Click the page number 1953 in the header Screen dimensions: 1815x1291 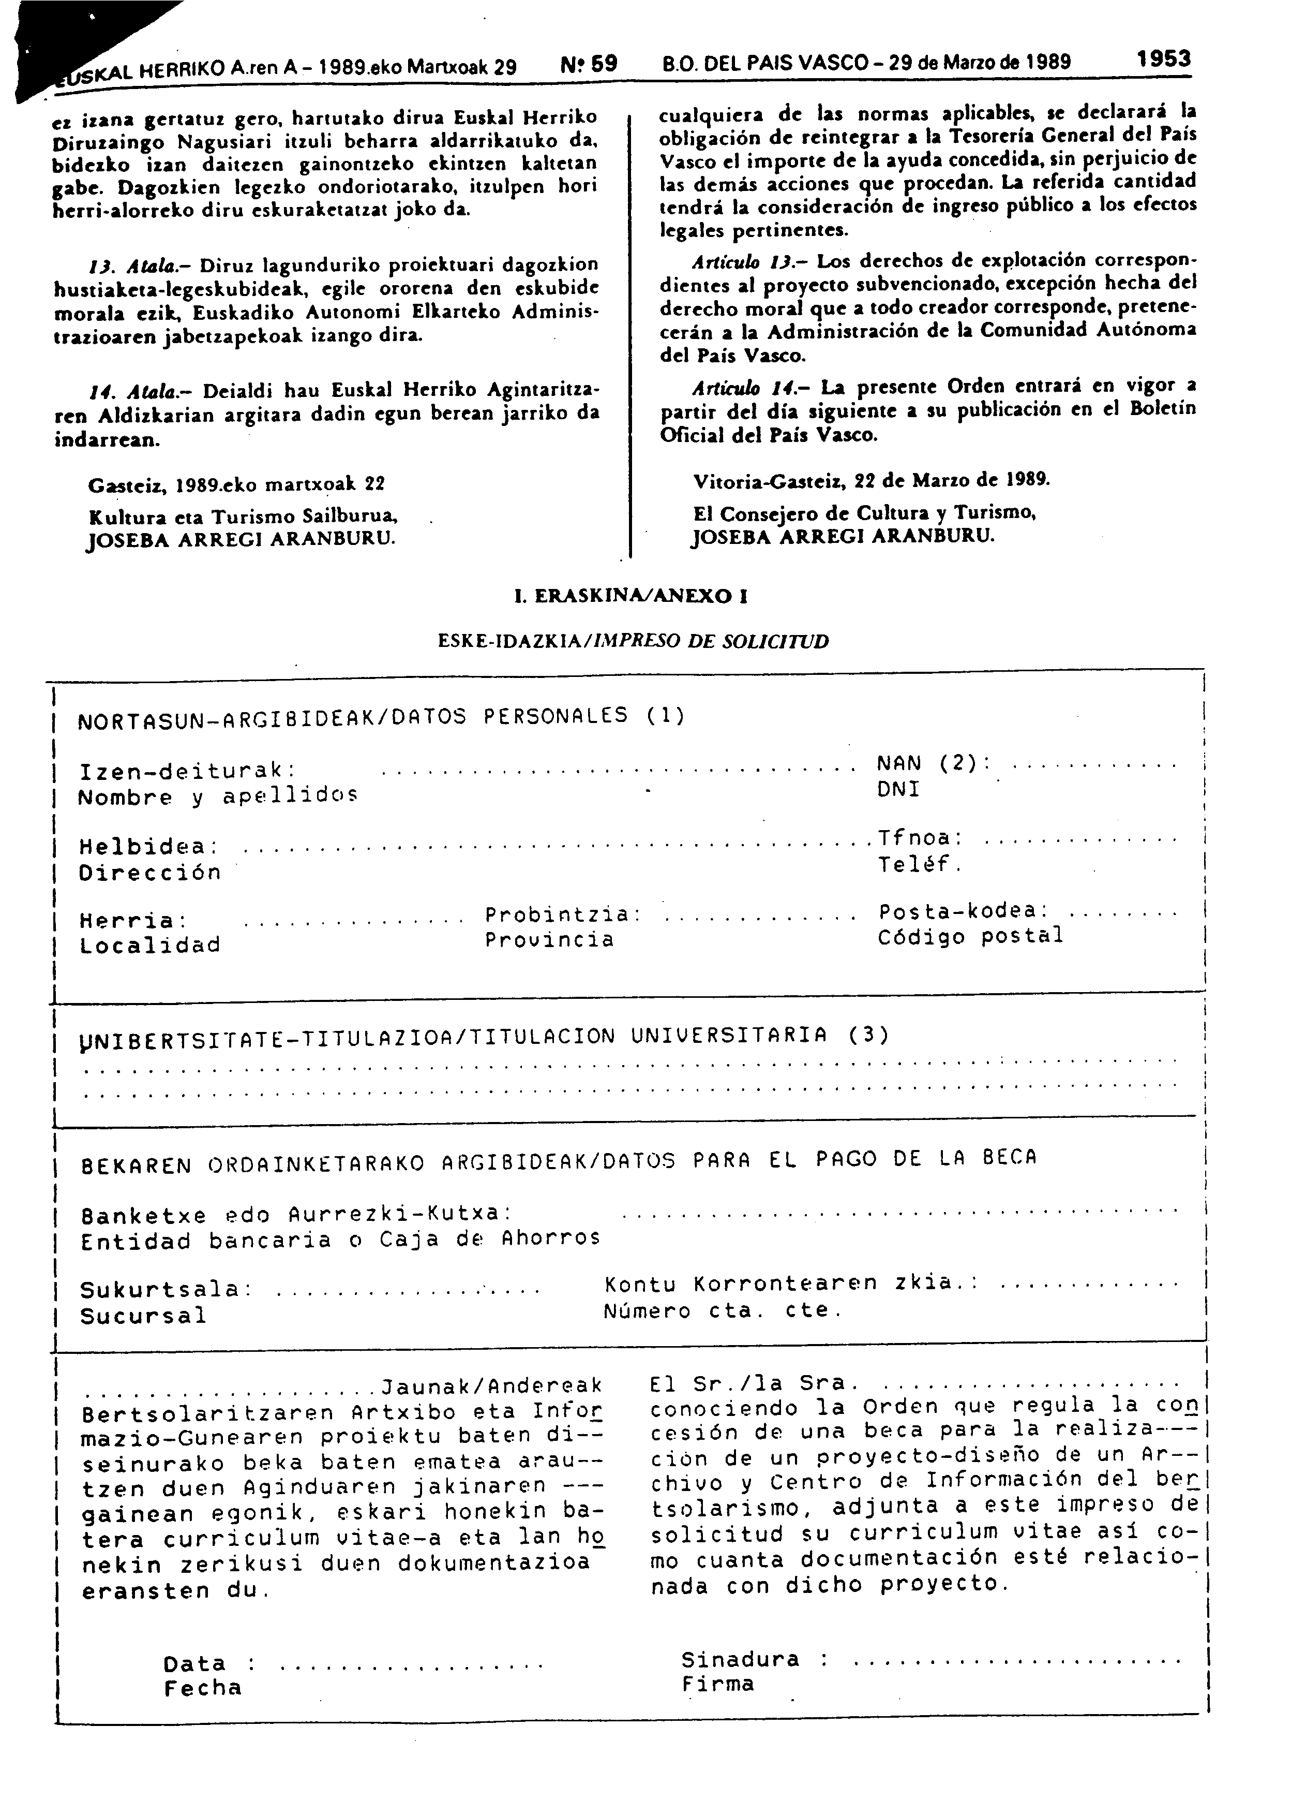click(1163, 59)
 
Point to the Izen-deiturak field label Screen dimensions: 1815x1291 click(188, 771)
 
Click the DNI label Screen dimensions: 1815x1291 click(898, 789)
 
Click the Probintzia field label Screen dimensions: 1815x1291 click(563, 914)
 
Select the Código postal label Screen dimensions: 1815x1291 click(970, 937)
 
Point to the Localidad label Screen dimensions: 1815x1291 click(149, 945)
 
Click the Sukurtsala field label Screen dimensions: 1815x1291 click(166, 1289)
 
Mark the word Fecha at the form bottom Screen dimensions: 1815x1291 click(203, 1688)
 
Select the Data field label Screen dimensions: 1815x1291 click(195, 1663)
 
